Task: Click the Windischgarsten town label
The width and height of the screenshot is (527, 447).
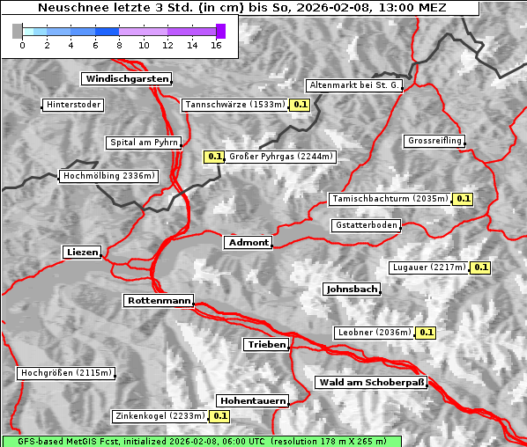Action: coord(126,79)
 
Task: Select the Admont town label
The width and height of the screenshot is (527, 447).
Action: coord(248,243)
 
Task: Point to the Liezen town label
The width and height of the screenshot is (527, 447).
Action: coord(82,253)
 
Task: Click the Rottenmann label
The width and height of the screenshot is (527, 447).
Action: coord(159,301)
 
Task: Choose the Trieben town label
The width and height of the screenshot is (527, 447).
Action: coord(266,345)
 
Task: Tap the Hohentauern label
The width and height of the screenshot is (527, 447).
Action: coord(253,401)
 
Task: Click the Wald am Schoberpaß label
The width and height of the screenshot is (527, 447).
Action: coord(370,383)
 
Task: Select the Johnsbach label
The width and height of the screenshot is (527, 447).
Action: coord(352,289)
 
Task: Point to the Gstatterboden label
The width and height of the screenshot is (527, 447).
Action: coord(366,226)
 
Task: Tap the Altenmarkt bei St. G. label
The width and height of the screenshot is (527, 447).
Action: coord(354,86)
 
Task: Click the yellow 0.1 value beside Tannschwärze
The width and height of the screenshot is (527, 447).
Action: coord(301,106)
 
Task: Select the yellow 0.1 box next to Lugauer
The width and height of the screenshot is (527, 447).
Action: coord(480,267)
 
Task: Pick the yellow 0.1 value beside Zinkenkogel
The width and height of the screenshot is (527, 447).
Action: coord(219,416)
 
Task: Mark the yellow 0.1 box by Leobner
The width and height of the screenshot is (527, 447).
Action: coord(426,333)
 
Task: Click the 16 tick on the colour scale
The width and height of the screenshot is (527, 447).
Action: coord(216,45)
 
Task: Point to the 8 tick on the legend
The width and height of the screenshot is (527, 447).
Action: coord(119,45)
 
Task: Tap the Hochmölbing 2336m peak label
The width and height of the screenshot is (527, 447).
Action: coord(109,176)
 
